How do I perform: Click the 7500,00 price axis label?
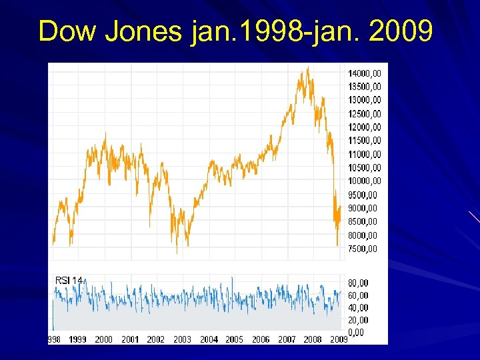[363, 249]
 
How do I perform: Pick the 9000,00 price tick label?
[363, 208]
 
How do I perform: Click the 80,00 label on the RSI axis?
[358, 283]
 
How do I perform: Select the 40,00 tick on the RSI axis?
[358, 307]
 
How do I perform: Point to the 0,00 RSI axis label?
[356, 331]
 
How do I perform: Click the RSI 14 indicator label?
[69, 281]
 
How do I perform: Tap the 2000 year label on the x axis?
[104, 339]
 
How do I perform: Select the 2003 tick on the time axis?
[182, 339]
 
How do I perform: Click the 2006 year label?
[261, 339]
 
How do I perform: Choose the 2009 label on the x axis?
[339, 339]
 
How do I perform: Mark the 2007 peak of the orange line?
[307, 67]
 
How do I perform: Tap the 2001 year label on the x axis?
[130, 339]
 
